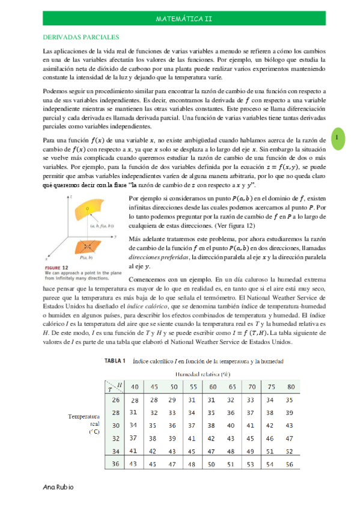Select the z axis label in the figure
pos(71,197)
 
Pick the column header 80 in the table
pos(291,386)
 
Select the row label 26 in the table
pos(117,399)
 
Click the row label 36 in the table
pos(117,463)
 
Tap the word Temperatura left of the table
pos(84,416)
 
